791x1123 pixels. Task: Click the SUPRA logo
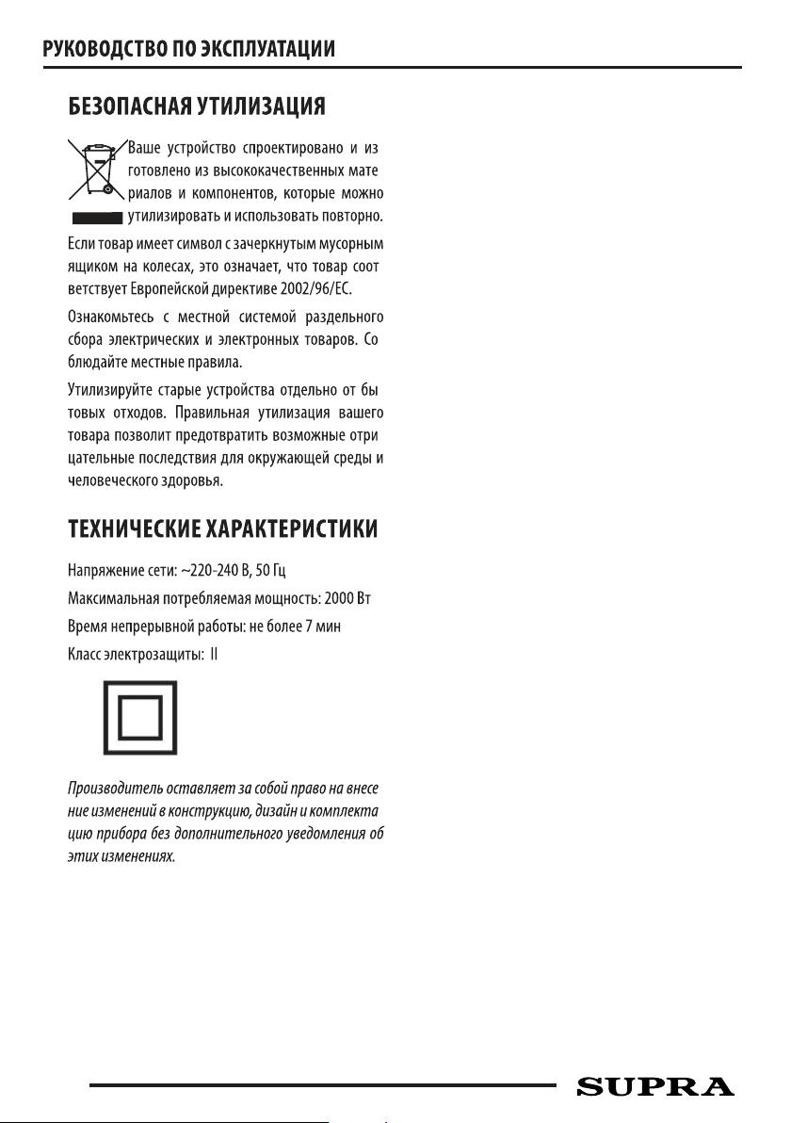[654, 1086]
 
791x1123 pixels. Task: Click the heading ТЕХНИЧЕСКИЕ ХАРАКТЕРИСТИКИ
[223, 529]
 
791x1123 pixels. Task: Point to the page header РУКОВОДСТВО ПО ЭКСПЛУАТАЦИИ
[189, 48]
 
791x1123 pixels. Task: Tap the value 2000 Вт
[354, 601]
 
